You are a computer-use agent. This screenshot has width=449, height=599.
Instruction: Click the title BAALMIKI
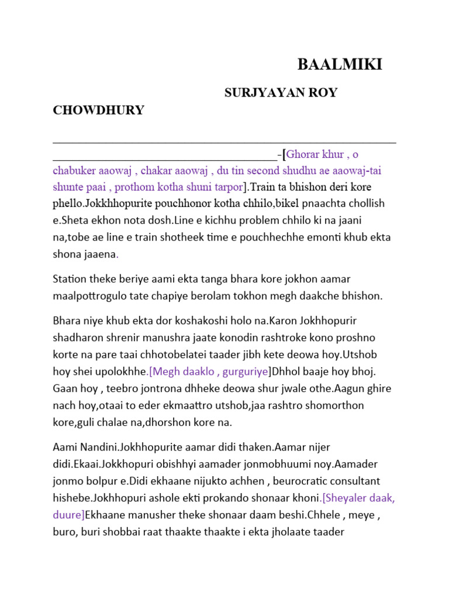pos(340,65)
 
